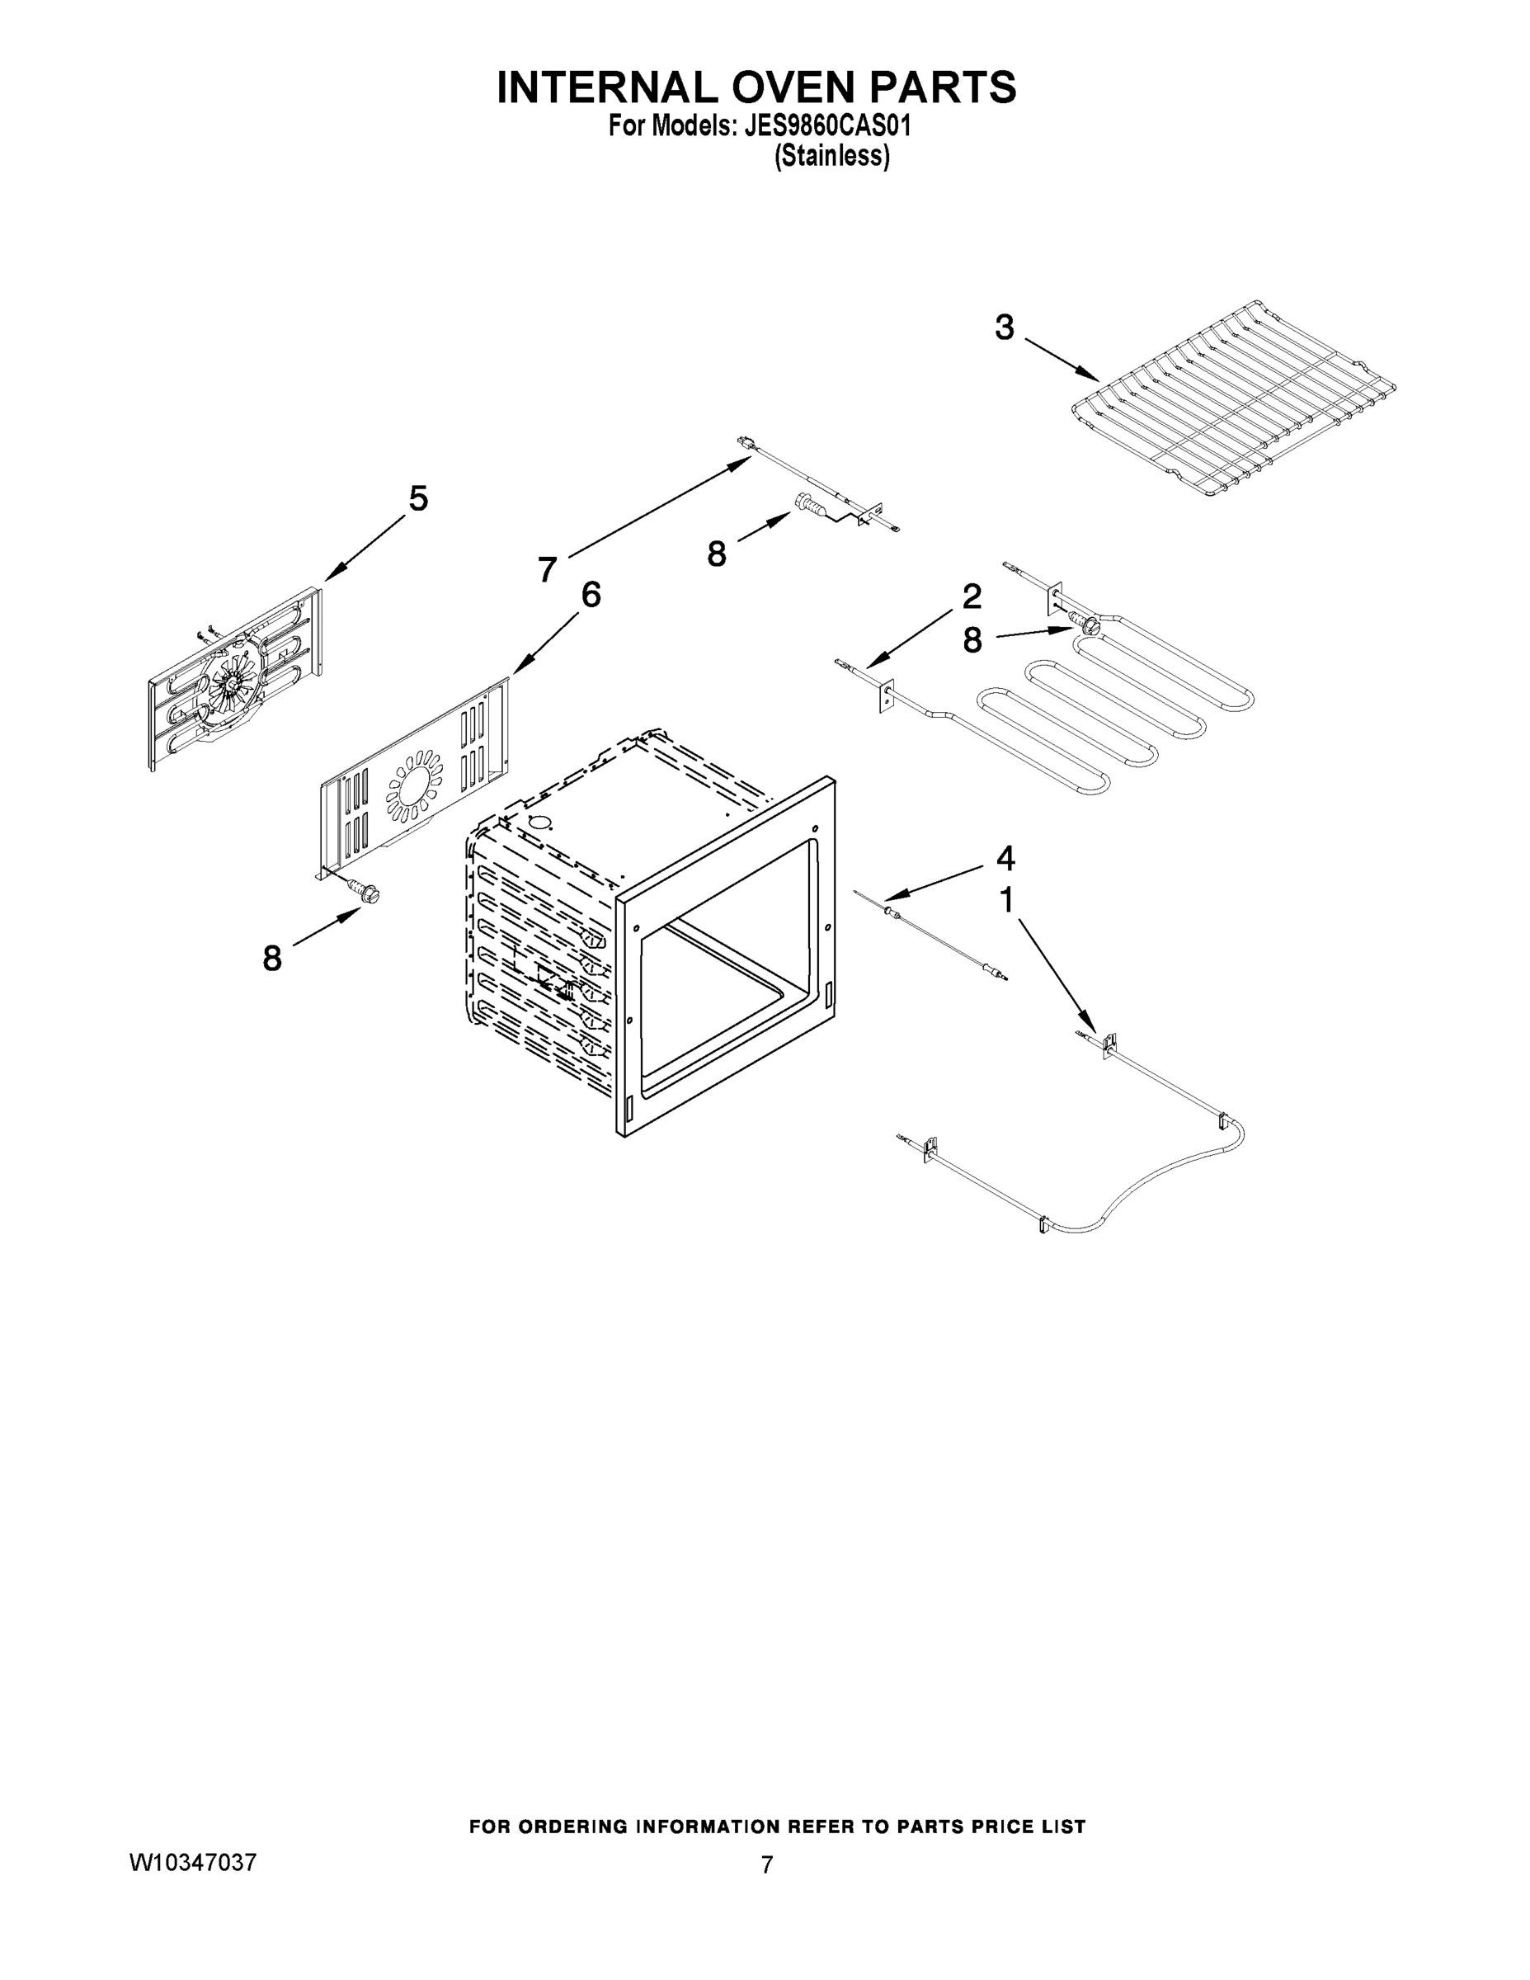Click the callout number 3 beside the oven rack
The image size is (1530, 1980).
1004,328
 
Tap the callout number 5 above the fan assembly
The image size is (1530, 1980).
418,498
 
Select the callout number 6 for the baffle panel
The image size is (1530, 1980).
590,595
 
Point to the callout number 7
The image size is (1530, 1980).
547,569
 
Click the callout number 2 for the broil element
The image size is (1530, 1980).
971,596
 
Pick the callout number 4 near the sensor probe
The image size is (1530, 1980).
1005,856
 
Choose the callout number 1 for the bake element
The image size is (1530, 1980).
1005,900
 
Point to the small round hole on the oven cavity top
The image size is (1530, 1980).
540,824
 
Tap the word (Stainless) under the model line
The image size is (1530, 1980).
831,156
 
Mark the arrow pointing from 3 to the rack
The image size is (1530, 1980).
1062,359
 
